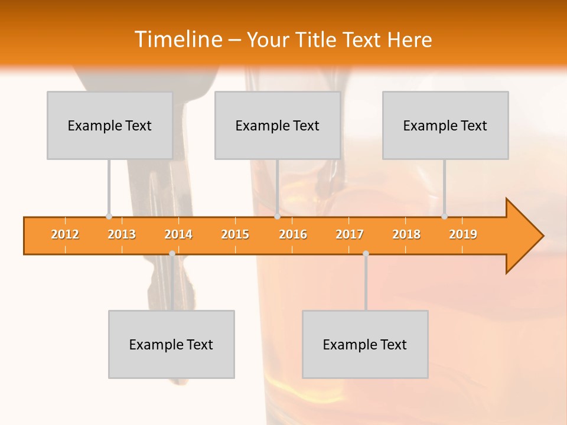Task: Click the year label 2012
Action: [x=65, y=234]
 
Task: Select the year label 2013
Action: [x=122, y=234]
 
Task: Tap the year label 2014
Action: [x=178, y=234]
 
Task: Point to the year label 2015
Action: [x=235, y=234]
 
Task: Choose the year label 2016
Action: [x=293, y=234]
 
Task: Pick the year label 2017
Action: [x=350, y=234]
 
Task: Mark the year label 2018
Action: [x=406, y=234]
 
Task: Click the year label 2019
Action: [x=463, y=234]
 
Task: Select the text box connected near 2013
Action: [x=110, y=125]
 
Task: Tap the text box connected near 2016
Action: [x=278, y=125]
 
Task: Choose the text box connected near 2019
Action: [x=445, y=125]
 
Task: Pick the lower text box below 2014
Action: [x=171, y=344]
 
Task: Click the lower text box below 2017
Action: [x=365, y=344]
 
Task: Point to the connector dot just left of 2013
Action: [x=109, y=216]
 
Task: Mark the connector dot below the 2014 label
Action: [x=172, y=253]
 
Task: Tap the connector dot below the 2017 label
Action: [x=366, y=253]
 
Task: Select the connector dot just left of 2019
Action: [x=444, y=216]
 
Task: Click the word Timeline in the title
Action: [x=177, y=40]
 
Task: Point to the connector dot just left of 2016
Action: [x=277, y=216]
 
